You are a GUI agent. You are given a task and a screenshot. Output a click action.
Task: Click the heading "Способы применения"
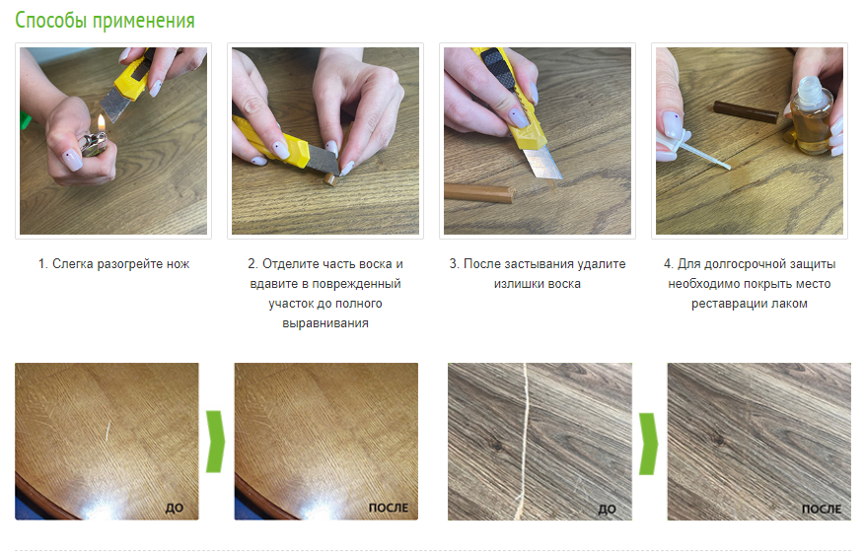tap(105, 21)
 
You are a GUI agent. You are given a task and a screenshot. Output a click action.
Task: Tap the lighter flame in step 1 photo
tap(102, 123)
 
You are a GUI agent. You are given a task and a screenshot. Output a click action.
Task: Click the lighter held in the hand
tap(93, 143)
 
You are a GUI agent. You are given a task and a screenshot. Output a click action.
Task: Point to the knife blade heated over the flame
tap(116, 104)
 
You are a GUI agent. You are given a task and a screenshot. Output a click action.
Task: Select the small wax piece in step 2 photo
tap(330, 179)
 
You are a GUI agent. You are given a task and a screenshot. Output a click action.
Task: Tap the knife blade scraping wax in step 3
tap(541, 163)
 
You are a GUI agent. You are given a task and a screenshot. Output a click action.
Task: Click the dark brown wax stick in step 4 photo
tap(746, 111)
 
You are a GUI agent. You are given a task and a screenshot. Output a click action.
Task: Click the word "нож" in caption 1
tap(178, 264)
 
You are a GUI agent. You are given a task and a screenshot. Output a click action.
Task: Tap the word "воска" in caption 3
tap(565, 284)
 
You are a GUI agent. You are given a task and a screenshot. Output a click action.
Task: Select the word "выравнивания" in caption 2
tap(325, 323)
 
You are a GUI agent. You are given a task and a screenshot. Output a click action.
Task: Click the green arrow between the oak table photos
tap(215, 441)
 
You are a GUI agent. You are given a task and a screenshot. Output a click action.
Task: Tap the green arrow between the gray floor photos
tap(649, 444)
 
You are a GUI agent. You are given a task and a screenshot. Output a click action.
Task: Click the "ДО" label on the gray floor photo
tap(607, 510)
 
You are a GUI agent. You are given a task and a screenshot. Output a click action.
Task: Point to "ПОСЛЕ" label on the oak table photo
tap(389, 508)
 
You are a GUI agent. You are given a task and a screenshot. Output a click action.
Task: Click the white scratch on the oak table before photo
tap(108, 431)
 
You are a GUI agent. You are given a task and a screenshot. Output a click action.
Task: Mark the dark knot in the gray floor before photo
tap(496, 443)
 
